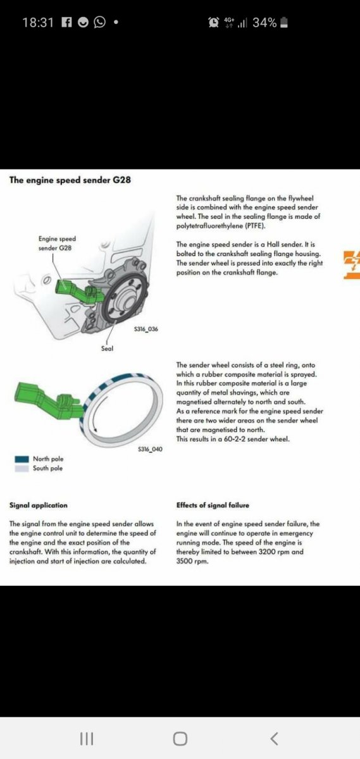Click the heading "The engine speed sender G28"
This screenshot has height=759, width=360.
pyautogui.click(x=70, y=180)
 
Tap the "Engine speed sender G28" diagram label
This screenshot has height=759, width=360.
pyautogui.click(x=57, y=244)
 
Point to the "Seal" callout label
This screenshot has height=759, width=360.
pyautogui.click(x=107, y=349)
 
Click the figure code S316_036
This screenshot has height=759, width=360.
pyautogui.click(x=146, y=329)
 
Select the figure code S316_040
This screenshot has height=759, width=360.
pyautogui.click(x=150, y=449)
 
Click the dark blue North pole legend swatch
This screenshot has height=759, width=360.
pyautogui.click(x=22, y=459)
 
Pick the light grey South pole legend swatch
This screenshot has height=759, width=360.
pyautogui.click(x=22, y=469)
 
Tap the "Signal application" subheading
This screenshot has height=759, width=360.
pyautogui.click(x=39, y=505)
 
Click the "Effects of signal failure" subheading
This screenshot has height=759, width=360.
pyautogui.click(x=213, y=505)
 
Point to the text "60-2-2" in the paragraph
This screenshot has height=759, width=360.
pyautogui.click(x=235, y=439)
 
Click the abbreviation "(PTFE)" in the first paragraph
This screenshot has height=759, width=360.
pyautogui.click(x=254, y=226)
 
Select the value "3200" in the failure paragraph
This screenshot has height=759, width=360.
pyautogui.click(x=268, y=552)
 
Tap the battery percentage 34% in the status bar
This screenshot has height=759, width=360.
pyautogui.click(x=264, y=23)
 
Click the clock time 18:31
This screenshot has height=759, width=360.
pyautogui.click(x=38, y=23)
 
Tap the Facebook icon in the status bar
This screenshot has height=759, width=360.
pyautogui.click(x=67, y=22)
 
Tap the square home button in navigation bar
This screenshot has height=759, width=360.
pyautogui.click(x=180, y=739)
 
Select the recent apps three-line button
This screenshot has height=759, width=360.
pyautogui.click(x=87, y=739)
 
